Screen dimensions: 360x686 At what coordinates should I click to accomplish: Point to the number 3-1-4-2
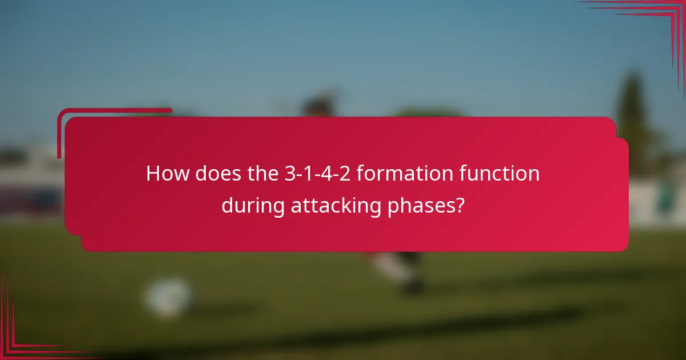(x=317, y=174)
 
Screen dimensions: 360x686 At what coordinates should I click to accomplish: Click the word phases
(x=421, y=205)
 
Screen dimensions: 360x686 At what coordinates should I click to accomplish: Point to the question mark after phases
(x=459, y=205)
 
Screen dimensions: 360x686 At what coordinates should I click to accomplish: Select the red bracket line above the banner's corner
(x=114, y=110)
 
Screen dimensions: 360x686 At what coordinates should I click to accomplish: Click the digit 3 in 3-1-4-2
(x=290, y=174)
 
